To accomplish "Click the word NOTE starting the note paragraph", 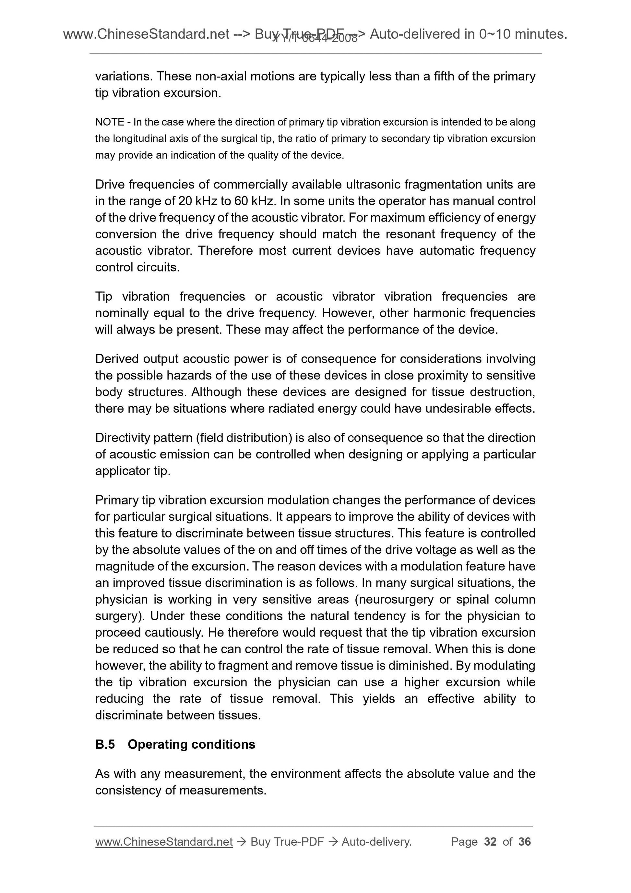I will [110, 122].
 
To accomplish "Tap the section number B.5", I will [105, 744].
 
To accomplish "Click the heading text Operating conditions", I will [191, 744].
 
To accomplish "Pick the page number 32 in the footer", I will [490, 842].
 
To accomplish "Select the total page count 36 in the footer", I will [524, 842].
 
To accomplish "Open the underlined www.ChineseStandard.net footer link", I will [164, 842].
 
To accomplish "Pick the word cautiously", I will [174, 633].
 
